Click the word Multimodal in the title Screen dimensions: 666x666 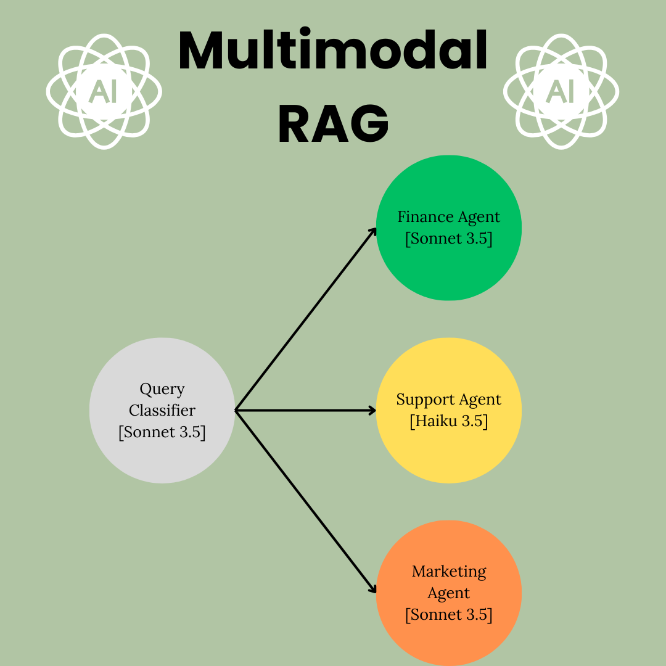pos(333,51)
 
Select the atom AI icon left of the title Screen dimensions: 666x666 pos(104,91)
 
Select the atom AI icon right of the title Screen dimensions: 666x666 pos(561,91)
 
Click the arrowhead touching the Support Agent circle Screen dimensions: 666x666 pos(372,410)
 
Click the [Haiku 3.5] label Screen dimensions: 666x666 pos(449,421)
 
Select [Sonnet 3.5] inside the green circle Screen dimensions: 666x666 pos(449,239)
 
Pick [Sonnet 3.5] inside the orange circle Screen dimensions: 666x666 pos(449,615)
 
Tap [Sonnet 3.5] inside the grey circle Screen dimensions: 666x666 pos(162,432)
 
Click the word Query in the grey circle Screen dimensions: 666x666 pos(162,389)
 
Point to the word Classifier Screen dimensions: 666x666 pos(162,410)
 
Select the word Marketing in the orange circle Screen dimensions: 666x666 pos(449,572)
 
